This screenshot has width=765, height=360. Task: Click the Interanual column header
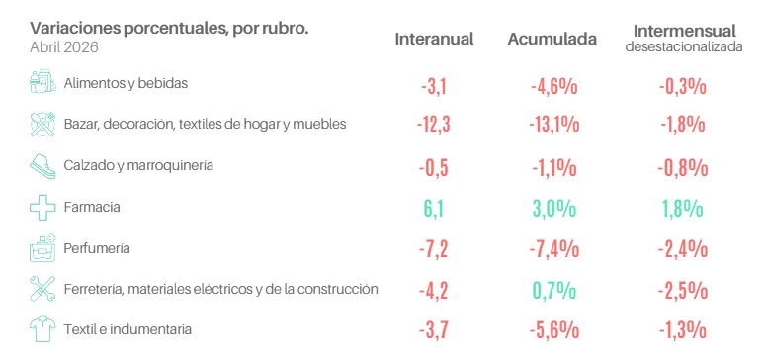point(434,40)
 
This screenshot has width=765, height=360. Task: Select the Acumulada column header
point(552,40)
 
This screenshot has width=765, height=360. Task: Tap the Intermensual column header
point(685,31)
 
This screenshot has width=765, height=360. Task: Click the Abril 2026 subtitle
point(64,47)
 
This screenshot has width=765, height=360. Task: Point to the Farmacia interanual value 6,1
point(434,209)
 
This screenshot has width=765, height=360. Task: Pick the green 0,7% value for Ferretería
point(554,291)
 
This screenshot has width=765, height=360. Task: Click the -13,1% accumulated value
point(554,125)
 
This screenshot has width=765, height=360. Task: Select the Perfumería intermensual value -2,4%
point(683,249)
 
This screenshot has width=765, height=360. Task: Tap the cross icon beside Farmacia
point(42,208)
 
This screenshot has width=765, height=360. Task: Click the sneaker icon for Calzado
point(42,166)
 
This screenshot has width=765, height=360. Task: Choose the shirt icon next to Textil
point(42,328)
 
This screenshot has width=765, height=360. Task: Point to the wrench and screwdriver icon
point(42,289)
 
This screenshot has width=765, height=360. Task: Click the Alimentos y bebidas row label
point(126,83)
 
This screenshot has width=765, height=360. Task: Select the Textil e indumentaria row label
point(127,329)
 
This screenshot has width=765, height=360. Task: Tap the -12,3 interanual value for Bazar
point(433,125)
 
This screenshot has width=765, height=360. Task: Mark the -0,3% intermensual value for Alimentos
point(683,87)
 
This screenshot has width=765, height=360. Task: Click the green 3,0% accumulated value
point(554,209)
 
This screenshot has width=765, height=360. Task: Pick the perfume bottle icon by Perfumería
point(42,248)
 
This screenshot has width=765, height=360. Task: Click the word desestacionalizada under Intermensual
point(685,46)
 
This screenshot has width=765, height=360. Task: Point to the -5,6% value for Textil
point(554,331)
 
